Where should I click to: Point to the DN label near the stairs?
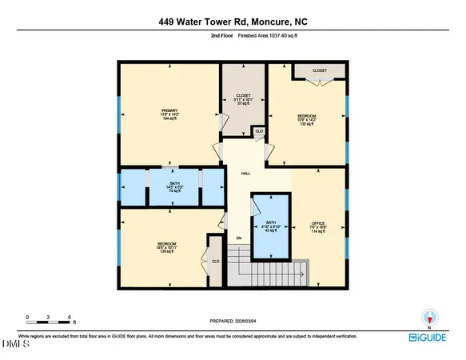click(x=238, y=238)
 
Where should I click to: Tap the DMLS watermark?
click(x=14, y=345)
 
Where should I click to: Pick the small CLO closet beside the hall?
click(x=258, y=131)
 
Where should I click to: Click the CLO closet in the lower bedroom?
click(x=215, y=260)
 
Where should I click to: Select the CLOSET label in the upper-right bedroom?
click(x=319, y=70)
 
